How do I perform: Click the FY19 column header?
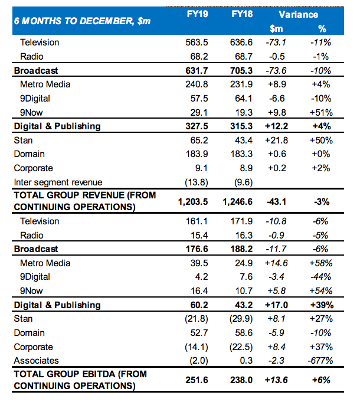[x=197, y=14]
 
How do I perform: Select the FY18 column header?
[x=242, y=14]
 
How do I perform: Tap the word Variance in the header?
[x=299, y=14]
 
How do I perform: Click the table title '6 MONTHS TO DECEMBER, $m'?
[x=82, y=21]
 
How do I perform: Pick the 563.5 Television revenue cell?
[x=197, y=43]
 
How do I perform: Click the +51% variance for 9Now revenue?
[x=321, y=113]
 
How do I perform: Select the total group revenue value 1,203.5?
[x=193, y=201]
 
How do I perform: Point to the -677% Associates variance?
[x=320, y=360]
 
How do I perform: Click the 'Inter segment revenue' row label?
[x=58, y=182]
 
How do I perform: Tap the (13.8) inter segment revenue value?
[x=197, y=182]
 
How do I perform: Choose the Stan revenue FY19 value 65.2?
[x=199, y=141]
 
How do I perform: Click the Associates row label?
[x=36, y=360]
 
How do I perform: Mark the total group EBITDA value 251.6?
[x=197, y=380]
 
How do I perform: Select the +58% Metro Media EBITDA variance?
[x=321, y=263]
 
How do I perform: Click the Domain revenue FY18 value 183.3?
[x=241, y=154]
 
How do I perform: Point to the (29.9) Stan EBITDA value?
[x=241, y=319]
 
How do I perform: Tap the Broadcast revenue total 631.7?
[x=197, y=71]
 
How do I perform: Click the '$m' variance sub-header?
[x=276, y=28]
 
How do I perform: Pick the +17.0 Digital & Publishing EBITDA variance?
[x=276, y=305]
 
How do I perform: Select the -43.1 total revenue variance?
[x=276, y=202]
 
